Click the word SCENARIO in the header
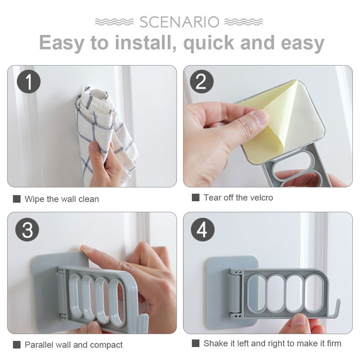coord(179,22)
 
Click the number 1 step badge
coord(29,81)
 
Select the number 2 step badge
coord(202,81)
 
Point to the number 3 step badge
coord(27,230)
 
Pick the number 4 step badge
coord(203,230)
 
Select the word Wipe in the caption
coord(35,199)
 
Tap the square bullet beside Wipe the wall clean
coord(17,199)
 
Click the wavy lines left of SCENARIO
coord(114,22)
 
